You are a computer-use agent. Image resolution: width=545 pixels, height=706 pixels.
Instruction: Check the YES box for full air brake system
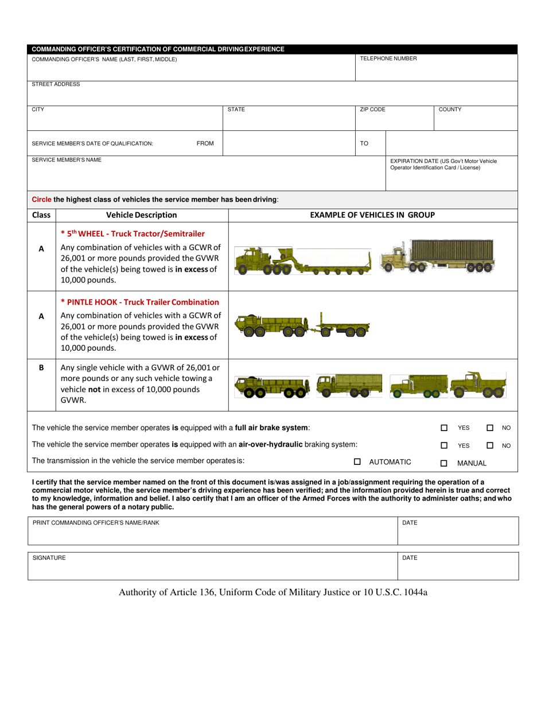tap(444, 428)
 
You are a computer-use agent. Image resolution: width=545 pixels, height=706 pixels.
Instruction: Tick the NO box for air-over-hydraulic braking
tap(490, 445)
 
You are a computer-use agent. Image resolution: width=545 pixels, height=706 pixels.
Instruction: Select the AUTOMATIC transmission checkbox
tap(357, 461)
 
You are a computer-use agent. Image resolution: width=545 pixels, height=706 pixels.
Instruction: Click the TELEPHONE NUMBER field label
tap(388, 59)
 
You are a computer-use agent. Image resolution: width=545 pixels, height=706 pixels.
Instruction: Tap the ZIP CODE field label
tap(372, 109)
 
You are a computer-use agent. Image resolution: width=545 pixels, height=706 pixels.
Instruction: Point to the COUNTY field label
tap(450, 109)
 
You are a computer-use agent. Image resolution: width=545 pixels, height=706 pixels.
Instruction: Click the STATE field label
tap(236, 109)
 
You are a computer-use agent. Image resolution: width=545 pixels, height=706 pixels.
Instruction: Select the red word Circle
tap(41, 200)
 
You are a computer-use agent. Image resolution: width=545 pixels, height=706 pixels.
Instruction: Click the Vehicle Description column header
tap(142, 215)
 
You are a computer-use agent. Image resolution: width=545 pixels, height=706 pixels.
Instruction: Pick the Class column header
tap(41, 215)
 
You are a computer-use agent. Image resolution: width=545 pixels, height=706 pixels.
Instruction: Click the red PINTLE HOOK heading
tap(140, 302)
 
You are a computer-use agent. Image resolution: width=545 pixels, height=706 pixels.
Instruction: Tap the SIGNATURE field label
tap(49, 558)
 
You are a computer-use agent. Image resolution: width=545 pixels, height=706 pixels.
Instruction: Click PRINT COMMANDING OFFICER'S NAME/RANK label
tap(96, 523)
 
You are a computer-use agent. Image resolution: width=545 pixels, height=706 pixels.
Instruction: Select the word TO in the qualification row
tap(364, 143)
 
